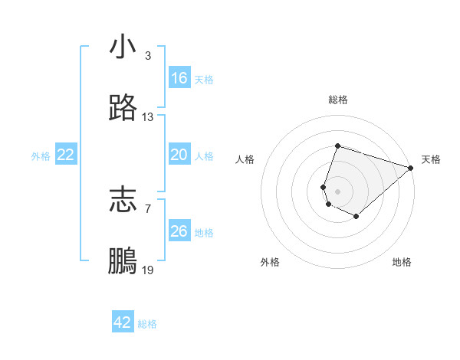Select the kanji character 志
[x=123, y=200]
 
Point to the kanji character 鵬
[x=123, y=262]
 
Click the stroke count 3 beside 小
[x=147, y=56]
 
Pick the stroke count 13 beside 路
[x=148, y=117]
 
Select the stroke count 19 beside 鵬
[x=148, y=271]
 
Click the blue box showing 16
[x=179, y=78]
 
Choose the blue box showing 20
[x=179, y=155]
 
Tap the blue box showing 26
[x=179, y=231]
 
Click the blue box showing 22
[x=66, y=155]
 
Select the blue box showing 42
[x=123, y=322]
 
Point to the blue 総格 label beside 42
[x=147, y=324]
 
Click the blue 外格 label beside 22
[x=41, y=156]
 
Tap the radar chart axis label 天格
[x=431, y=159]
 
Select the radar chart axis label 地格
[x=402, y=262]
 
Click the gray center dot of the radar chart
[x=337, y=191]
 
